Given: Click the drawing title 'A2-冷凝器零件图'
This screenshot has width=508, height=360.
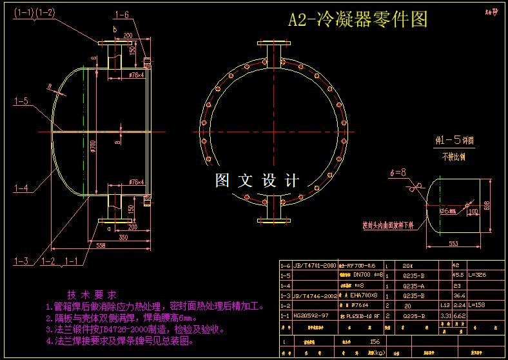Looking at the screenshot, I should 357,20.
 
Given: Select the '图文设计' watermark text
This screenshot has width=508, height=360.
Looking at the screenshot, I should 257,181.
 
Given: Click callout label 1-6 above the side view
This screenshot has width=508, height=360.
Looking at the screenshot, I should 122,14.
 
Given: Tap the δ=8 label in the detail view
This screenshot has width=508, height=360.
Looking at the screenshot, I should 398,172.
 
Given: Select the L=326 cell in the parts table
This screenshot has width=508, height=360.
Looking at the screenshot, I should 478,274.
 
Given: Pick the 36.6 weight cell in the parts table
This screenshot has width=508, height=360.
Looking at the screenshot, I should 458,295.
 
